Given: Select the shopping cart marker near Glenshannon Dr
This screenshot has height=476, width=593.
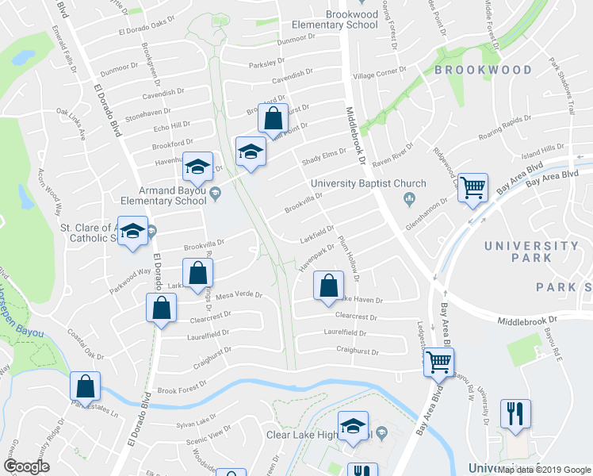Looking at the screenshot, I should tap(473, 188).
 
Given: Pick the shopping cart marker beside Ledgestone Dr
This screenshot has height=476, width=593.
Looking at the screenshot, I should tap(438, 362).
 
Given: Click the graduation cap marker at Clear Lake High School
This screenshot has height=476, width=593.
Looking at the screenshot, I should tap(353, 426).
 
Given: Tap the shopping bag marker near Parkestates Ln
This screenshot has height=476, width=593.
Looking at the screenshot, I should tap(85, 386).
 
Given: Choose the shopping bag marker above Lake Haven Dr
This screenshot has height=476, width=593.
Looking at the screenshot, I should tap(328, 285).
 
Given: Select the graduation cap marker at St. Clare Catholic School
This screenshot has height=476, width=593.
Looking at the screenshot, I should tap(132, 231).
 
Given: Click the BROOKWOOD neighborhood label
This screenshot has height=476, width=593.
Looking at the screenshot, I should tap(483, 71).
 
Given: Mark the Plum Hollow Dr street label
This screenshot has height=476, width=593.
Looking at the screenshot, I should tap(349, 258).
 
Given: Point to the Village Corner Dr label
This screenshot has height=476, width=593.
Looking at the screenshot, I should tap(379, 75).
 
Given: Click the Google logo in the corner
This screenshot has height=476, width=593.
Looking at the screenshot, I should tap(27, 466).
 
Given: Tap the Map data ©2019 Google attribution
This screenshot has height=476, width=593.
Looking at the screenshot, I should tap(544, 470).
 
